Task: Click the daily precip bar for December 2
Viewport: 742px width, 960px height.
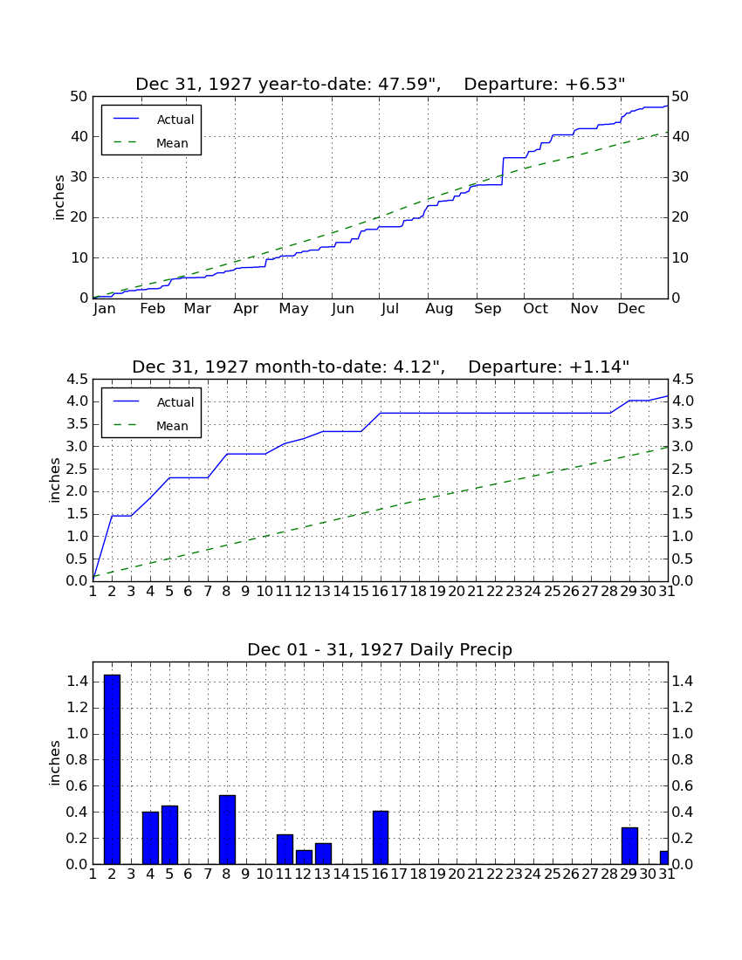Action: click(x=112, y=769)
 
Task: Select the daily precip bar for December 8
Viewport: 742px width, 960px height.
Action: click(x=227, y=830)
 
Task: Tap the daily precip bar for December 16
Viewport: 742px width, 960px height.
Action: click(x=381, y=838)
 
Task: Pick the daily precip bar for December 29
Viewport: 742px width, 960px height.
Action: click(x=629, y=846)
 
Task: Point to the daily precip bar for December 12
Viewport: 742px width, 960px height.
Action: click(x=304, y=856)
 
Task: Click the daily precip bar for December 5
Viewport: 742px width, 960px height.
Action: click(x=169, y=834)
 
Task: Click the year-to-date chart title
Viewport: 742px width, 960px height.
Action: click(x=381, y=84)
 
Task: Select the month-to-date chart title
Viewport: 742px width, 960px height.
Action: click(x=381, y=367)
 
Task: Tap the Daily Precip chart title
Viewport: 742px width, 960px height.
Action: click(x=380, y=649)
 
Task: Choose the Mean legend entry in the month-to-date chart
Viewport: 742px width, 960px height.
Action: click(x=150, y=426)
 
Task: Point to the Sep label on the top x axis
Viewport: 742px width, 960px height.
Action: click(x=487, y=309)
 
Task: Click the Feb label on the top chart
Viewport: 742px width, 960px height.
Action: click(x=153, y=309)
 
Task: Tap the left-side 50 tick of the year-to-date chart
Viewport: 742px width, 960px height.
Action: click(x=79, y=97)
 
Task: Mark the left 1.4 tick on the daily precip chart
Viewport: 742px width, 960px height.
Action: click(x=76, y=682)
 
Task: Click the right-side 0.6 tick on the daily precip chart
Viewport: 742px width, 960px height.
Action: click(x=684, y=785)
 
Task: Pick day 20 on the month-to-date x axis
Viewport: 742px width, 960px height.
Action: click(x=457, y=592)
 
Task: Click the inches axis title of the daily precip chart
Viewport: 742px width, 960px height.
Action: click(x=55, y=763)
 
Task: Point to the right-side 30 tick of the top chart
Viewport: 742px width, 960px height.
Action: click(x=680, y=177)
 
